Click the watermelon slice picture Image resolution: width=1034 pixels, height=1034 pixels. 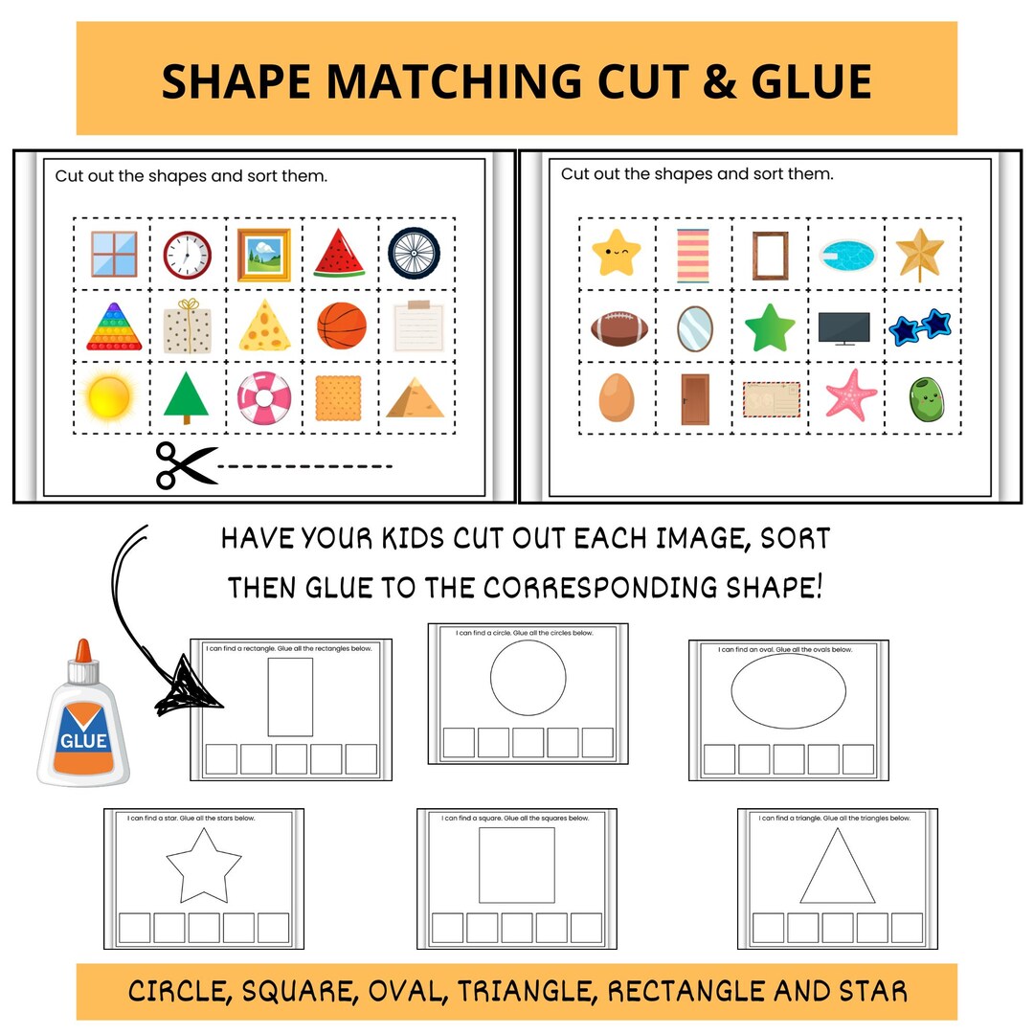(340, 253)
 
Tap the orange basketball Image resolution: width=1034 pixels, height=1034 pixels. (342, 326)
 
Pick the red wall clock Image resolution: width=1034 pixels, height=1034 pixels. (186, 254)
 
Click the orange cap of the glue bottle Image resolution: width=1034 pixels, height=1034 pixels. (82, 657)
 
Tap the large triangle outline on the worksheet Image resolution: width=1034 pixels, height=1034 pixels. (837, 867)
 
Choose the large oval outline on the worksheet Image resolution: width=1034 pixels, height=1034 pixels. (788, 692)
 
